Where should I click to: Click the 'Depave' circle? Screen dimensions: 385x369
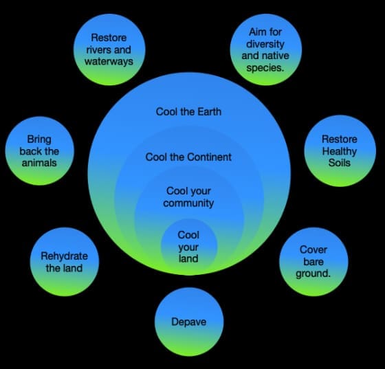point(189,322)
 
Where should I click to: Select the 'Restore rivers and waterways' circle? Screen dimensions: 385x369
point(109,49)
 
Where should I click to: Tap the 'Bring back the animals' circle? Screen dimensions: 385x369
point(40,151)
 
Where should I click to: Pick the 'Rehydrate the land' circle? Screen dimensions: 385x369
point(65,262)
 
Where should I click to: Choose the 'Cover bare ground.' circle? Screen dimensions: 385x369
point(313,262)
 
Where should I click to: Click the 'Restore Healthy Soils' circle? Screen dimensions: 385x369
point(340,151)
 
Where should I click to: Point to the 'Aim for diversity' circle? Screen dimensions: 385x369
point(265,49)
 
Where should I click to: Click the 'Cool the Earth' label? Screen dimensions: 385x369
point(188,112)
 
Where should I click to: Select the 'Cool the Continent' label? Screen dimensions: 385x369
point(188,157)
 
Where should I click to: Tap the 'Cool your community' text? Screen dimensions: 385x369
point(188,197)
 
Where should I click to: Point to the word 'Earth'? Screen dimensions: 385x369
point(210,112)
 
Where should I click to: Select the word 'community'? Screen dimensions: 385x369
point(188,203)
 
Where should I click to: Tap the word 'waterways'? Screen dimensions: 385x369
point(109,61)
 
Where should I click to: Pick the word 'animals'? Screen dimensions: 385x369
point(39,163)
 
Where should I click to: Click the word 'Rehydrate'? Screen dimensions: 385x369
point(65,256)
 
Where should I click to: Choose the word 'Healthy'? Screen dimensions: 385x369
point(340,151)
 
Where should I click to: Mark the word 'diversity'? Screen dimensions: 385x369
point(265,44)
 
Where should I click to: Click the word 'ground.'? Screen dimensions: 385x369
point(313,273)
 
